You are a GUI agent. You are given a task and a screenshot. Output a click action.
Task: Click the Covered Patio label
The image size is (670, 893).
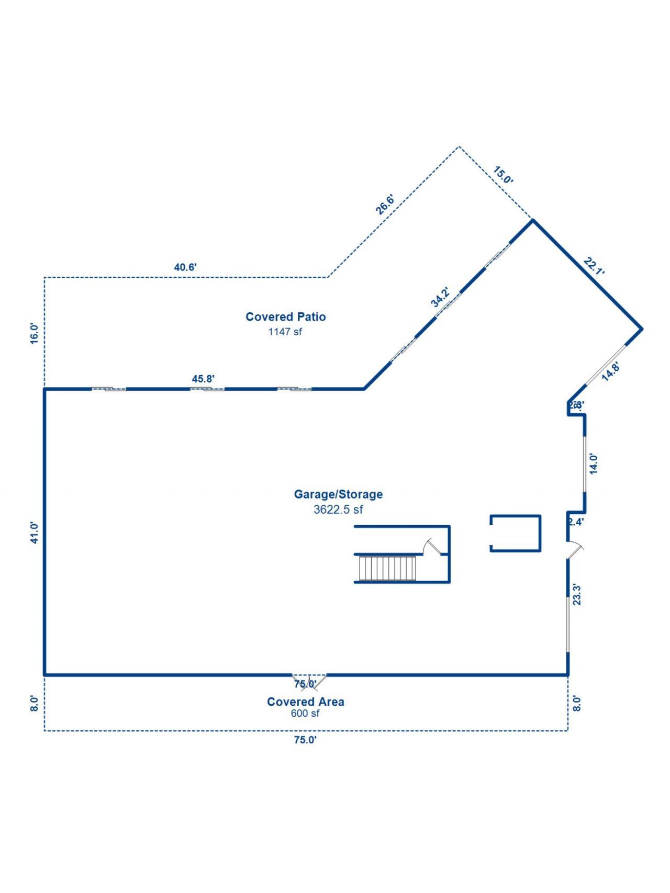click(x=285, y=316)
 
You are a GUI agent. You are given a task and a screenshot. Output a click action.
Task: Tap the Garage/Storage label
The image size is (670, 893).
click(x=338, y=494)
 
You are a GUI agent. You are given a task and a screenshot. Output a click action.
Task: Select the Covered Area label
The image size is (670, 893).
click(x=305, y=702)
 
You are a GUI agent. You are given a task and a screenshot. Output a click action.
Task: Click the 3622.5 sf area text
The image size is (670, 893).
click(x=338, y=510)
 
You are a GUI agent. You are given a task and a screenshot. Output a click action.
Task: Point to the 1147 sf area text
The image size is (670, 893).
click(x=285, y=332)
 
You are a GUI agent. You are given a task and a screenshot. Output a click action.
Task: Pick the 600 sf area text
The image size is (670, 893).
click(x=305, y=714)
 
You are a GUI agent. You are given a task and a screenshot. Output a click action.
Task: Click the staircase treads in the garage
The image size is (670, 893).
click(x=387, y=568)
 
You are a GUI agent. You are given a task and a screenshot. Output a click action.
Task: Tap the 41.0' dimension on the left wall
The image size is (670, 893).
click(x=34, y=533)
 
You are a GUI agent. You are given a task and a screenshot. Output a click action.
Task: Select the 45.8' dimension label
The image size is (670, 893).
click(x=203, y=379)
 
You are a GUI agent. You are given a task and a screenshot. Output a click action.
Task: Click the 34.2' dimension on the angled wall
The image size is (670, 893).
click(x=440, y=298)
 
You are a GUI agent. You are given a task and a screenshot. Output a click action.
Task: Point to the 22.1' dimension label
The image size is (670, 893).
click(x=594, y=267)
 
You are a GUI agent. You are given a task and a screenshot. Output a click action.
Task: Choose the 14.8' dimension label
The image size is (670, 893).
click(x=610, y=371)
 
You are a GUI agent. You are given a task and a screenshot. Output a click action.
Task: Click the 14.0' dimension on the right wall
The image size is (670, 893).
click(x=594, y=464)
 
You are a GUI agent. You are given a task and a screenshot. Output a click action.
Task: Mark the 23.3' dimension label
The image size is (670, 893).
click(x=577, y=594)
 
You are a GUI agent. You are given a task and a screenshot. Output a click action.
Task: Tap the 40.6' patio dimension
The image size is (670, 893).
click(x=185, y=267)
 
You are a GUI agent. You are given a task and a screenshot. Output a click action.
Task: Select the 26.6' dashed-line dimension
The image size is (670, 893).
click(x=385, y=205)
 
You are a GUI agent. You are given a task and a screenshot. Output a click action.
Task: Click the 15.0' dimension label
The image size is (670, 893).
click(x=504, y=175)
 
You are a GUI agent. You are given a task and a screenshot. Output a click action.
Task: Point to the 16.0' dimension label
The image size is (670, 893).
click(x=34, y=333)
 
